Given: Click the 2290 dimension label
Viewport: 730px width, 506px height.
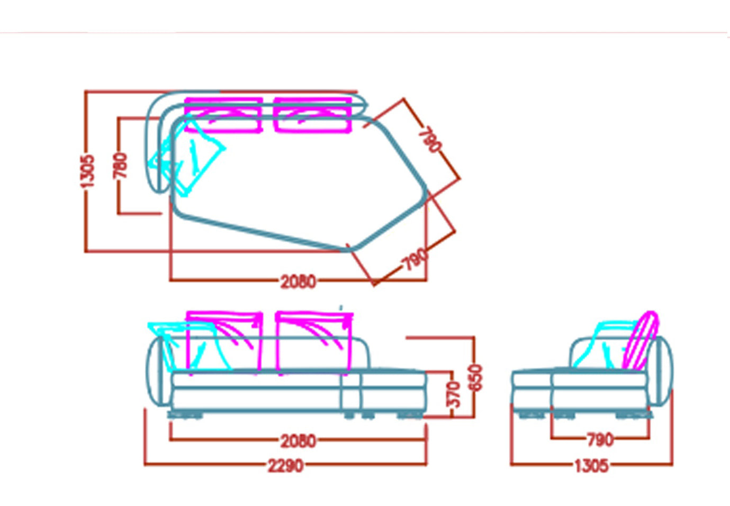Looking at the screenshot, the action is coord(286,466).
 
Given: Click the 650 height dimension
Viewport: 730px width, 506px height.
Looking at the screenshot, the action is coord(476,378).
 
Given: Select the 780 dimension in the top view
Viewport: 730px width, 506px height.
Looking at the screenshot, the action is coord(120,166).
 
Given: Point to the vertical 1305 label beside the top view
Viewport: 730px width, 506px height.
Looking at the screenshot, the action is coord(87,171).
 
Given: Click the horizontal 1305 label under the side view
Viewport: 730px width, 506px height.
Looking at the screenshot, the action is coord(591,466).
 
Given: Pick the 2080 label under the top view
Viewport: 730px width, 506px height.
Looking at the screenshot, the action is coord(298,281).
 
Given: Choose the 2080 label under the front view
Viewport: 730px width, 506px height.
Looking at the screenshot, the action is coord(298,441).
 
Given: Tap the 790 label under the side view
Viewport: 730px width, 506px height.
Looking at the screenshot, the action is coord(600,440).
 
